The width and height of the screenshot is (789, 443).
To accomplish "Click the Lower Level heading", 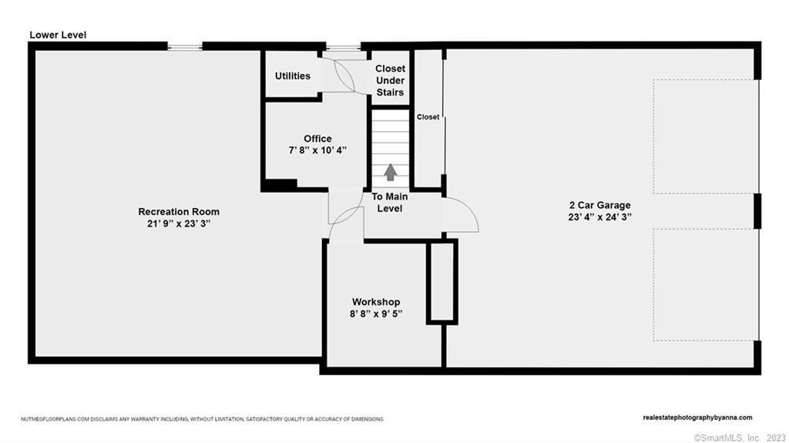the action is pyautogui.click(x=58, y=35).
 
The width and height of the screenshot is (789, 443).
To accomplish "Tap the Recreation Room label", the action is pyautogui.click(x=179, y=212).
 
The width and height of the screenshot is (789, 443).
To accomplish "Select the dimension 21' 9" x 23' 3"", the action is pyautogui.click(x=179, y=224).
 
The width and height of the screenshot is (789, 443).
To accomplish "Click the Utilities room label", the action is pyautogui.click(x=292, y=76).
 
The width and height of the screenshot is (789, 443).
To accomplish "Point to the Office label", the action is pyautogui.click(x=317, y=139).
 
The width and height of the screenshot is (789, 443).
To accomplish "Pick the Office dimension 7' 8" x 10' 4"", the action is pyautogui.click(x=317, y=150).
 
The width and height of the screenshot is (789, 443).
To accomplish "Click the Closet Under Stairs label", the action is pyautogui.click(x=390, y=81).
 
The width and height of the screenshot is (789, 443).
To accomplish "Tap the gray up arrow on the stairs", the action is pyautogui.click(x=391, y=172).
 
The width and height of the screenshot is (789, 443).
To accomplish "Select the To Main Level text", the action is pyautogui.click(x=390, y=203).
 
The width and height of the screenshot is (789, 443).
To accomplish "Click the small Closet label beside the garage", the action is pyautogui.click(x=428, y=117).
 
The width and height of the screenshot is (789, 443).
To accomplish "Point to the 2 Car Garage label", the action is pyautogui.click(x=599, y=206).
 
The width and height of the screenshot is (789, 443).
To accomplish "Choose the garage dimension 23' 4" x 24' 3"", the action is pyautogui.click(x=599, y=217).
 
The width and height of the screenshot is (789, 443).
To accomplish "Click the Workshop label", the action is pyautogui.click(x=376, y=302).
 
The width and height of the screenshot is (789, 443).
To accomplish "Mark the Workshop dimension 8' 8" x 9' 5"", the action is pyautogui.click(x=376, y=314).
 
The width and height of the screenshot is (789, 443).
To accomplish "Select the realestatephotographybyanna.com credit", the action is pyautogui.click(x=697, y=418).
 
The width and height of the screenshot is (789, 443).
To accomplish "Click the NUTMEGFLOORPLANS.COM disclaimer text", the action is pyautogui.click(x=203, y=419).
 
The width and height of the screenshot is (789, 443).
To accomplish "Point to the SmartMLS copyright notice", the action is pyautogui.click(x=739, y=438).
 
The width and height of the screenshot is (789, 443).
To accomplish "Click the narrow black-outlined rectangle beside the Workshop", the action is pyautogui.click(x=442, y=282).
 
